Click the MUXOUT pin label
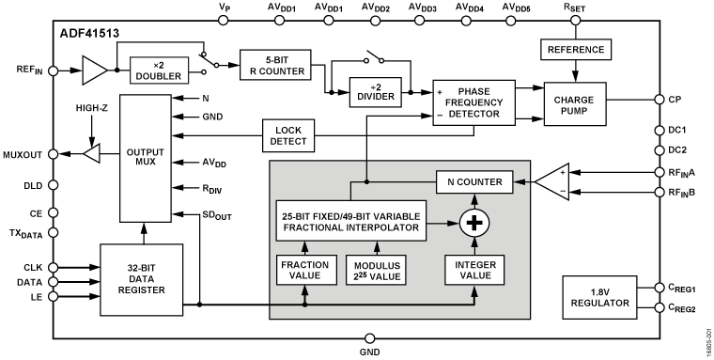tap(25, 153)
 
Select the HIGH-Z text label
tap(92, 109)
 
